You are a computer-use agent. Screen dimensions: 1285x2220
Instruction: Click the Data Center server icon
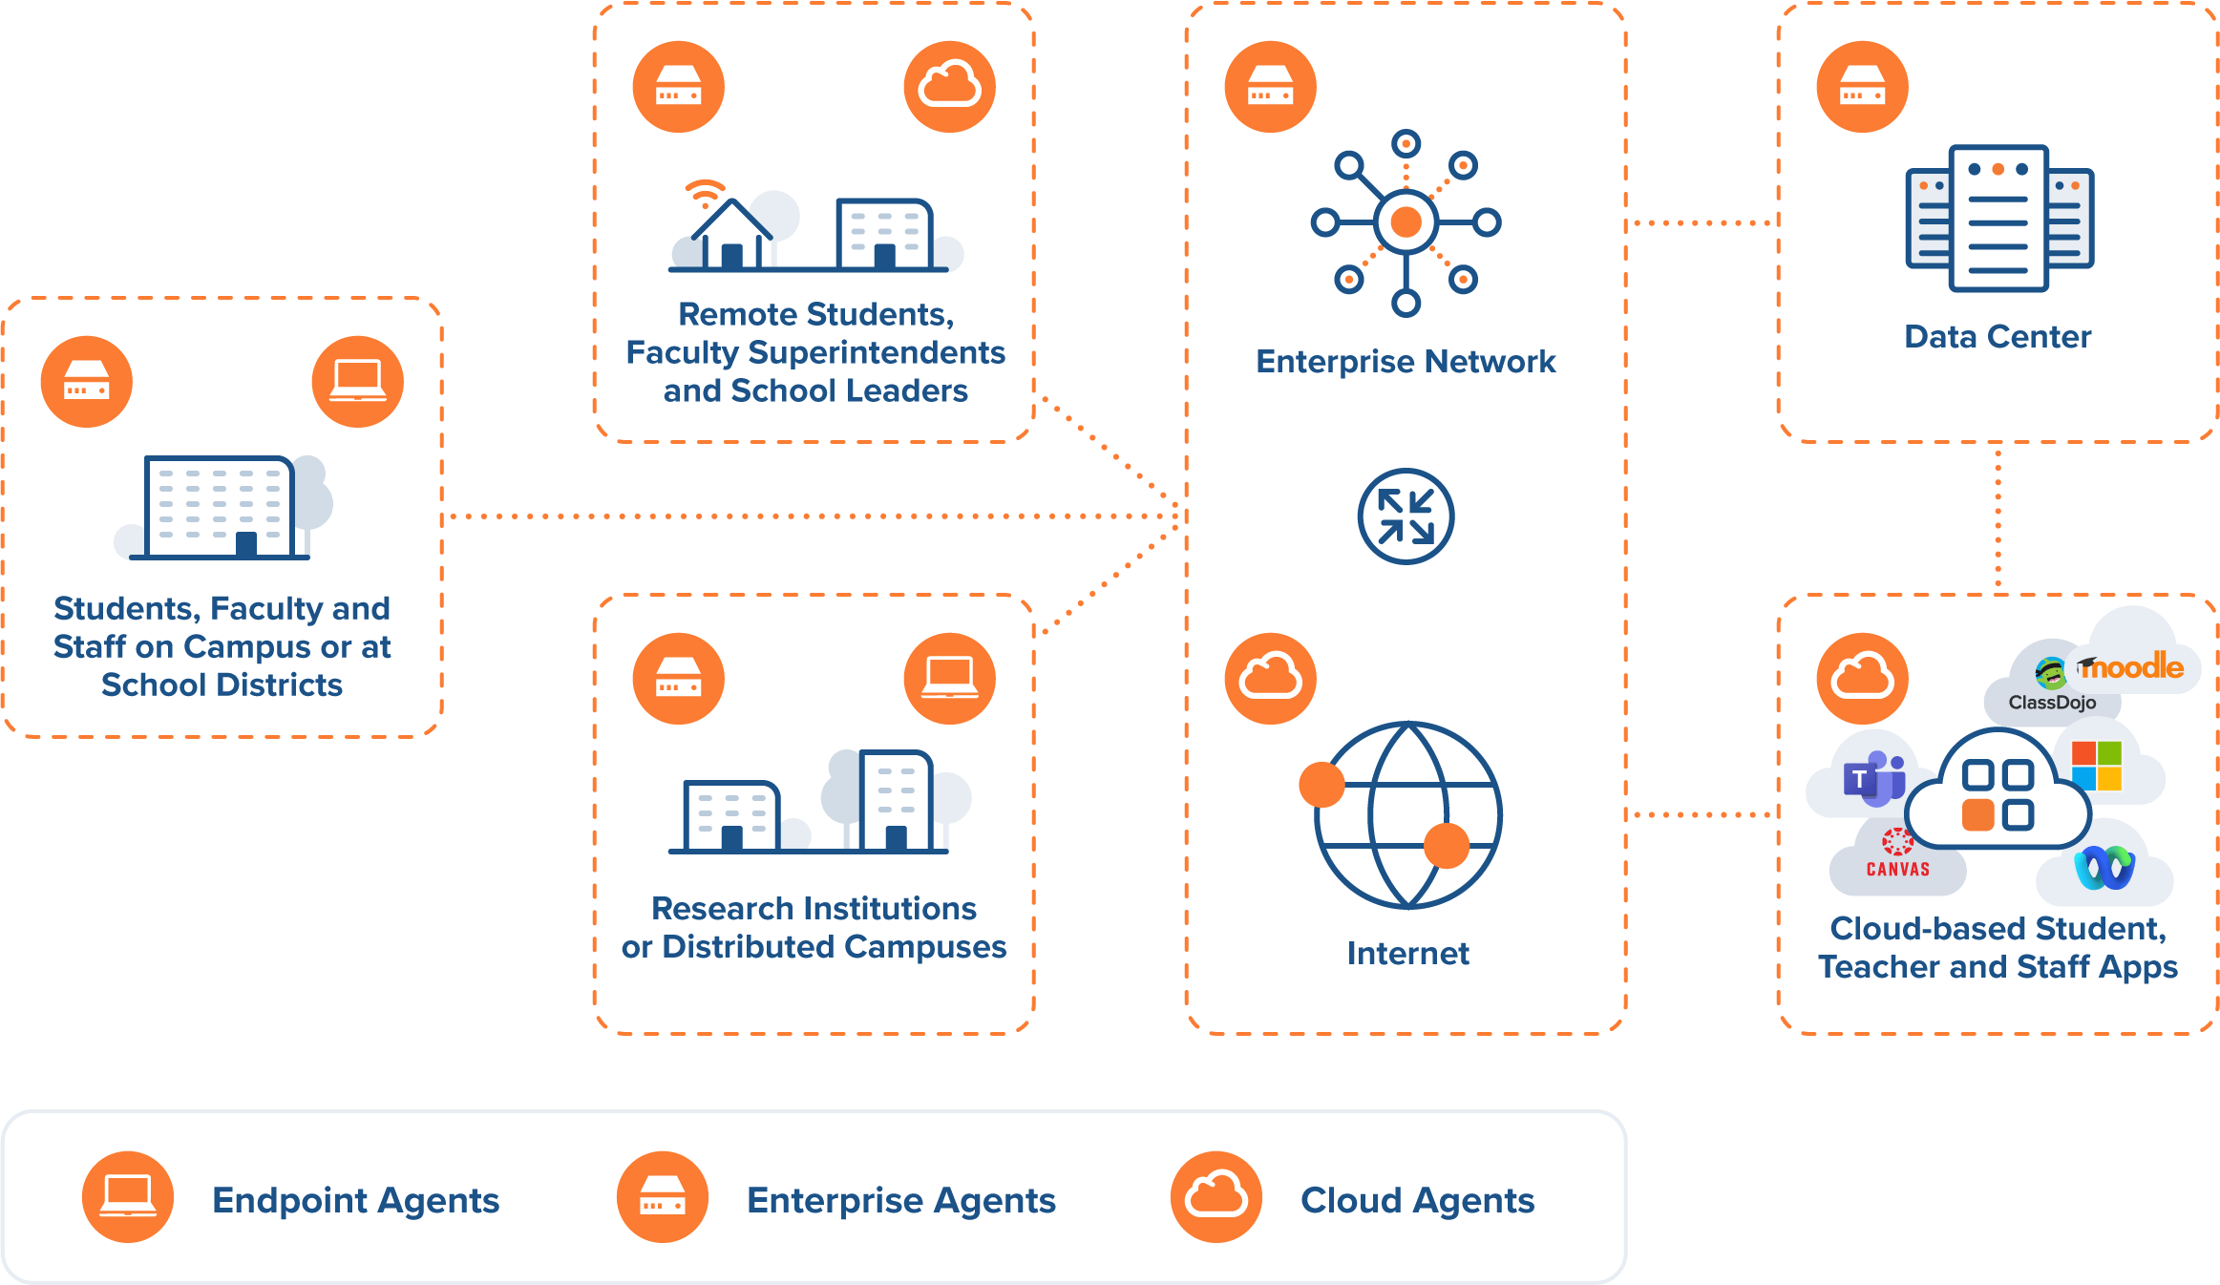click(1998, 219)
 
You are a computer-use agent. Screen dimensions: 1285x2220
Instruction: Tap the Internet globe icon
click(1406, 814)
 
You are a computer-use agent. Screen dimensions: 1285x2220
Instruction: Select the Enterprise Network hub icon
click(1406, 222)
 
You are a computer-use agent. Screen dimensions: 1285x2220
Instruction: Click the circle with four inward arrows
click(1406, 516)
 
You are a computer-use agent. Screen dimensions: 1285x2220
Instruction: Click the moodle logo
click(2131, 666)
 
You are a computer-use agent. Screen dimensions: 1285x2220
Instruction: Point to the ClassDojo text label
click(2052, 703)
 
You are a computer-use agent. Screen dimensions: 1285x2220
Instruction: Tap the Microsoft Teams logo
click(1872, 778)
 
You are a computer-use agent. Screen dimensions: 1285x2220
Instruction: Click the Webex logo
click(2104, 867)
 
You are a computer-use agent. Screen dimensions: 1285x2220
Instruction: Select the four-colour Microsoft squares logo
click(2097, 766)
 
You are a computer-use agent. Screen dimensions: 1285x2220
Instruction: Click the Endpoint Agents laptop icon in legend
click(128, 1197)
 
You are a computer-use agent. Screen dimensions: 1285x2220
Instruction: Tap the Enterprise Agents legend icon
click(662, 1197)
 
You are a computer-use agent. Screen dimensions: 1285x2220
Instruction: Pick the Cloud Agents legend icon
click(1216, 1197)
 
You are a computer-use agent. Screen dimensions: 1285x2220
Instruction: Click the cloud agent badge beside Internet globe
click(1270, 679)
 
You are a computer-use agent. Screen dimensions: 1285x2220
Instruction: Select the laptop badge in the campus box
click(357, 382)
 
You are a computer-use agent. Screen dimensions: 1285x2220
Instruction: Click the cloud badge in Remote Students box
click(949, 87)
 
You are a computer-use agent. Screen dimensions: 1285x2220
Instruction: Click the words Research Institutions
click(814, 908)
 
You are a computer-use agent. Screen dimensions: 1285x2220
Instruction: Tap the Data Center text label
click(1998, 337)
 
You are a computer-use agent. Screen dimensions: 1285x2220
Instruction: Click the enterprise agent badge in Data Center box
click(1862, 87)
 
